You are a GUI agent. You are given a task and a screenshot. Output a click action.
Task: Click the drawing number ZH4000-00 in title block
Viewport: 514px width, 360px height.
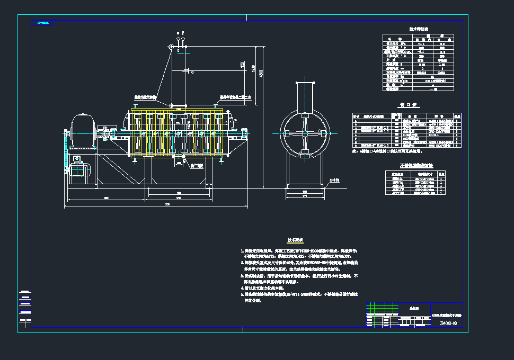pyautogui.click(x=448, y=323)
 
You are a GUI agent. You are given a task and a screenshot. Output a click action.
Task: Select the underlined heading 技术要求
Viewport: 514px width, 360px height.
pyautogui.click(x=295, y=240)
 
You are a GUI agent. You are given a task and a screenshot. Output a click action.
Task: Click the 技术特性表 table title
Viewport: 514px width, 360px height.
pyautogui.click(x=419, y=29)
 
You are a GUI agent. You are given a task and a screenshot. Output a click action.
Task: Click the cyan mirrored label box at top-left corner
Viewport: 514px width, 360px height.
pyautogui.click(x=42, y=23)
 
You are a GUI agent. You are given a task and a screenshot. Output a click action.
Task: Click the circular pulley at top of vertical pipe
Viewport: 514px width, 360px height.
pyautogui.click(x=171, y=48)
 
